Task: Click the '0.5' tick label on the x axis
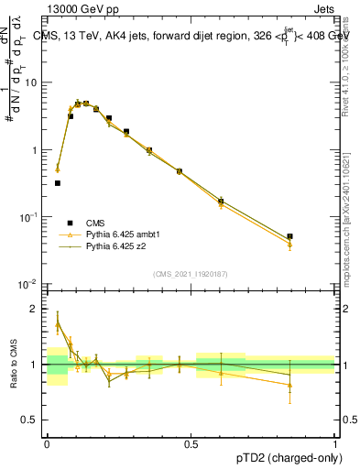point(191,443)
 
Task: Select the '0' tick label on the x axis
point(47,443)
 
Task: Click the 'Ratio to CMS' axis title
point(15,365)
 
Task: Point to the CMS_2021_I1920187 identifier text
point(191,274)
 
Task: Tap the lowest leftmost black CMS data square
point(58,183)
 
